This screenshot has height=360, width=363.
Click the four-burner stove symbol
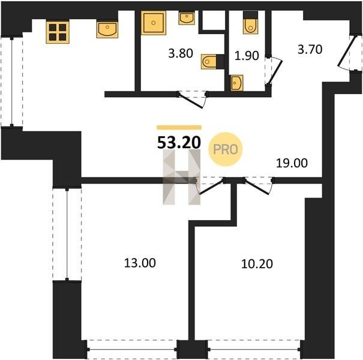(58, 32)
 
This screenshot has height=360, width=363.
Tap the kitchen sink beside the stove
(107, 29)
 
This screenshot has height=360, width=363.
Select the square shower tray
(154, 23)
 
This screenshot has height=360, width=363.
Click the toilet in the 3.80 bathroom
(212, 62)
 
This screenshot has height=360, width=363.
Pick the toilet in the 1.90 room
(250, 22)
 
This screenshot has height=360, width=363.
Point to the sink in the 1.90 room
(237, 83)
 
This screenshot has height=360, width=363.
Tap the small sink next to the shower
(187, 18)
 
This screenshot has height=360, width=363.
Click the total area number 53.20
(179, 143)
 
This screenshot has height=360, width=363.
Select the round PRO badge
(225, 149)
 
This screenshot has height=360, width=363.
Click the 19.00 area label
(292, 163)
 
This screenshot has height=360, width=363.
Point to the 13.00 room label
(140, 263)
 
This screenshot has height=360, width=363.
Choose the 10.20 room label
(257, 264)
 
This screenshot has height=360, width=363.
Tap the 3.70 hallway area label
(310, 50)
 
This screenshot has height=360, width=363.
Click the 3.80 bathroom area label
(181, 53)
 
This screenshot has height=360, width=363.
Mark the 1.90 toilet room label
(247, 56)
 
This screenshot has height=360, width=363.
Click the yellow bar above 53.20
(179, 127)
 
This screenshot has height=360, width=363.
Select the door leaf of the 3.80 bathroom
(191, 101)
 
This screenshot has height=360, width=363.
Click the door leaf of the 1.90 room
(275, 72)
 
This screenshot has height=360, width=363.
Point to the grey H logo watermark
(181, 177)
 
